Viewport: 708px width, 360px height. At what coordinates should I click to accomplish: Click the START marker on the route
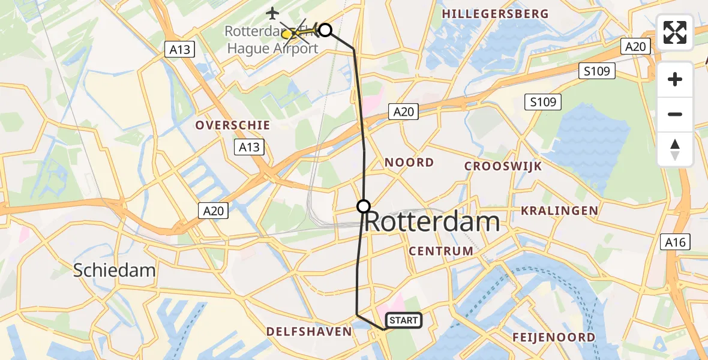click(x=403, y=320)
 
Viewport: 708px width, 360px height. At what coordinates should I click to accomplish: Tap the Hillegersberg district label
click(x=495, y=14)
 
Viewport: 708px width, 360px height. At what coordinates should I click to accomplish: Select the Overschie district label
click(x=232, y=125)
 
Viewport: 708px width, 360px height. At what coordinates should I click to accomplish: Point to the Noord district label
click(x=409, y=163)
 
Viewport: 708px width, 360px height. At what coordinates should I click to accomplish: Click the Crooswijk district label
click(x=503, y=166)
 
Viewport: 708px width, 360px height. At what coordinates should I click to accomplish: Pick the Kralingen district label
click(x=559, y=211)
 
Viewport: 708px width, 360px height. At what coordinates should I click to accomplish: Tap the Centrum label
click(x=441, y=251)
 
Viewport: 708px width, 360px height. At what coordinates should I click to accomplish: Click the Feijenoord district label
click(x=553, y=337)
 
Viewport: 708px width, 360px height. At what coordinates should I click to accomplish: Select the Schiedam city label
click(x=114, y=270)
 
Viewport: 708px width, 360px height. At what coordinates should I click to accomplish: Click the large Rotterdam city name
click(x=432, y=222)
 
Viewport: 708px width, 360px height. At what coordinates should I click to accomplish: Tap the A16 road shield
click(x=675, y=242)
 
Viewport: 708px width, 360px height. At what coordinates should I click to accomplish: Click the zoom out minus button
click(x=675, y=114)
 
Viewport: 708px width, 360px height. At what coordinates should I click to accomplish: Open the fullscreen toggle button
click(x=675, y=33)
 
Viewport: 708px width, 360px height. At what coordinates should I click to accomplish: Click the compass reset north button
click(x=675, y=149)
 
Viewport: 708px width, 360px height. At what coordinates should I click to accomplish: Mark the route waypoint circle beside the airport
click(x=325, y=29)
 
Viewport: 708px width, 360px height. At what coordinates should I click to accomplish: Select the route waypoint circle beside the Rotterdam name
click(x=364, y=206)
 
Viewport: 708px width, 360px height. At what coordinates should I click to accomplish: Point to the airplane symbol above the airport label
click(x=272, y=12)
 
